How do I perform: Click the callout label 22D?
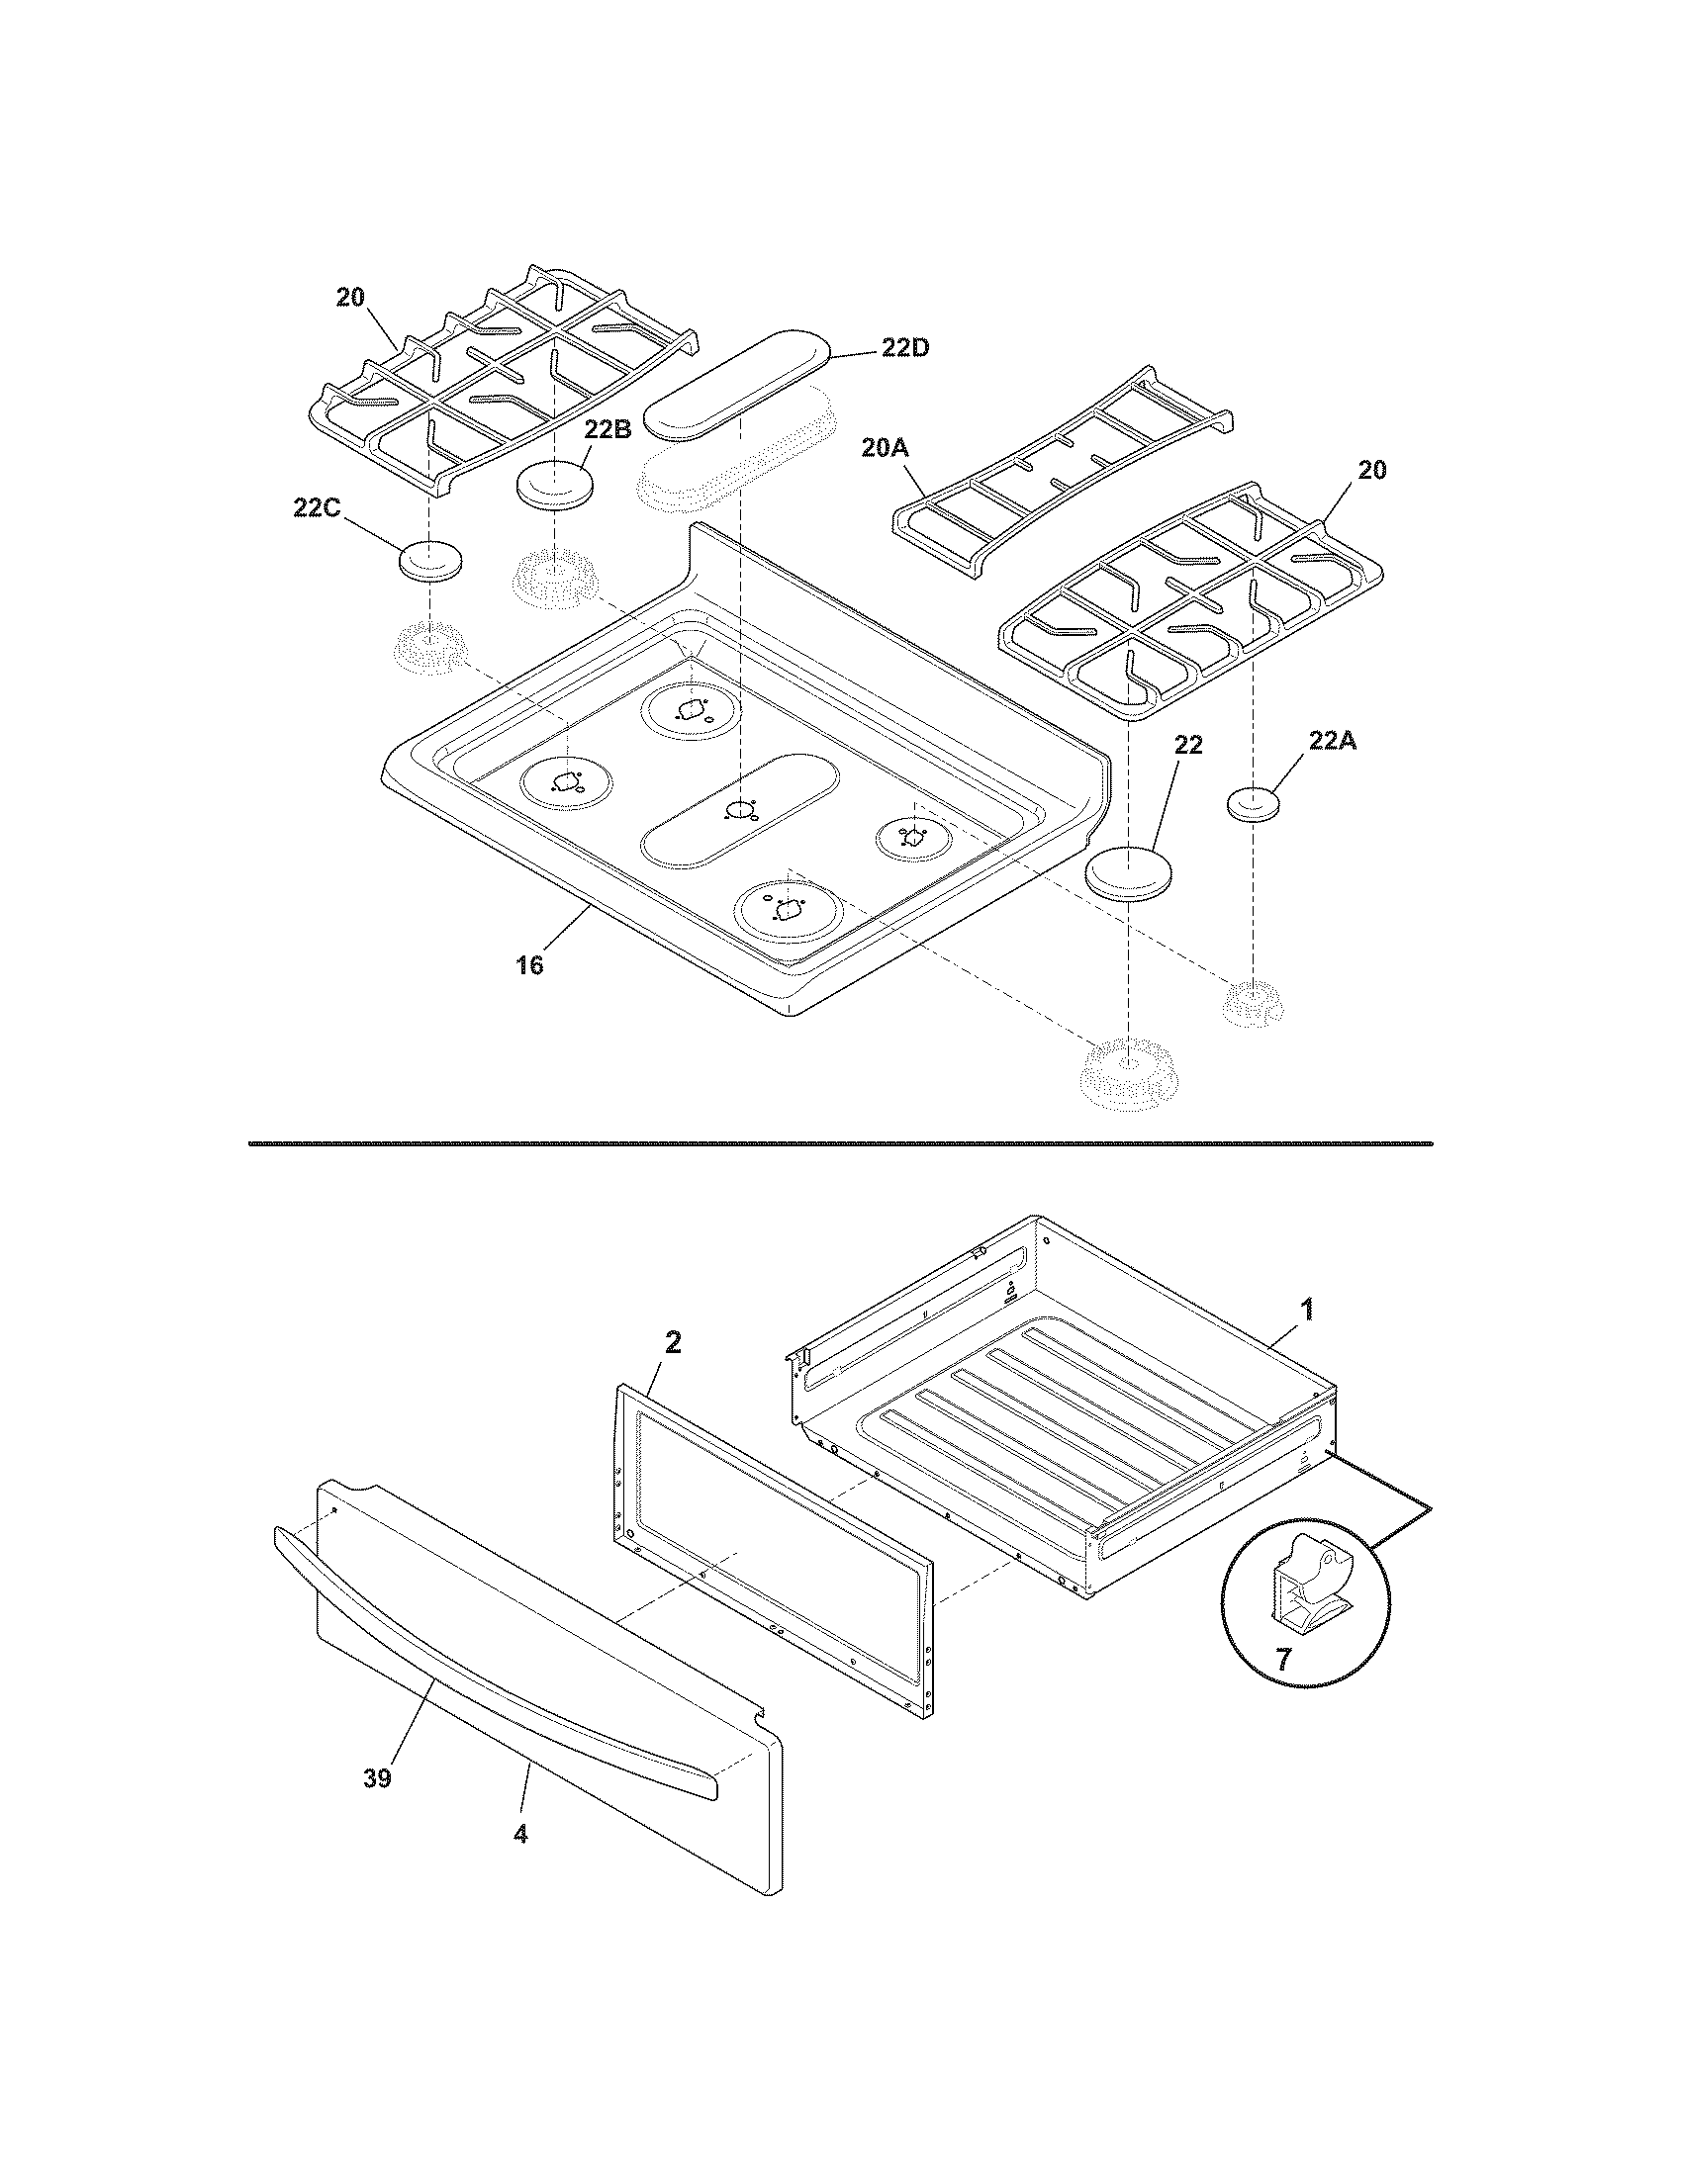click(x=904, y=348)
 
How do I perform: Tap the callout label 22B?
click(x=607, y=429)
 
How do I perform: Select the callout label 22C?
click(x=317, y=508)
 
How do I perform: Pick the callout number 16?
click(x=529, y=964)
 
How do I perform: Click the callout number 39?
click(x=377, y=1777)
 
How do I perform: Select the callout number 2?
click(x=673, y=1342)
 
